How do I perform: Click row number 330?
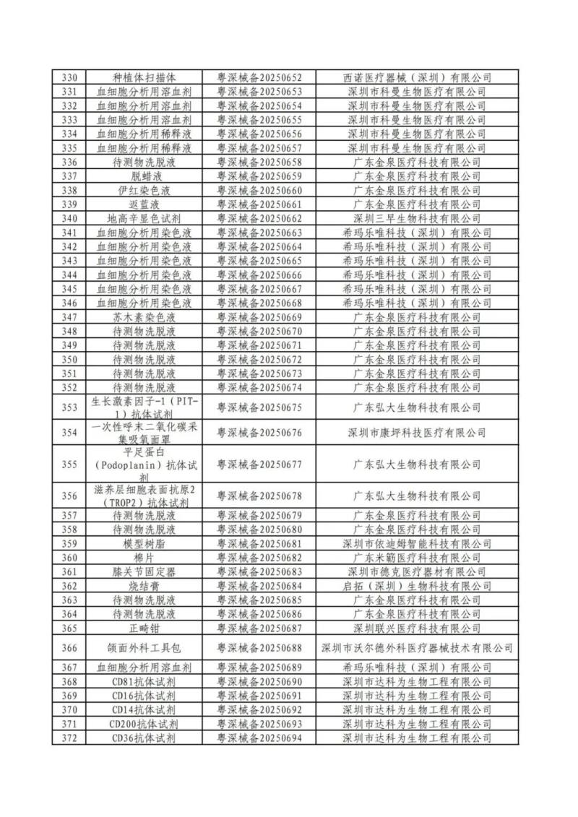(x=69, y=77)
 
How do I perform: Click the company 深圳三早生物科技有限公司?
(x=417, y=218)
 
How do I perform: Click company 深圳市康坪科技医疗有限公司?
(x=417, y=433)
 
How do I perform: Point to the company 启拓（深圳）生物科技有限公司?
(x=417, y=586)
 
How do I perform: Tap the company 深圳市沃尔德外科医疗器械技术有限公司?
(x=417, y=648)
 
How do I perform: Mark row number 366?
(x=69, y=648)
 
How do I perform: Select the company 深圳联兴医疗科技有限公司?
(x=417, y=628)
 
